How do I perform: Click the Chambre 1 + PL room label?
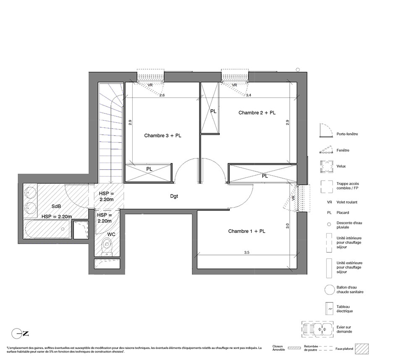point(247,231)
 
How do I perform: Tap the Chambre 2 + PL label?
point(257,113)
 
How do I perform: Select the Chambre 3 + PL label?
point(163,136)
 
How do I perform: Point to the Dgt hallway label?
point(174,196)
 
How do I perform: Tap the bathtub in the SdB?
point(47,229)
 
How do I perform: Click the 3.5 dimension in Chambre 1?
point(247,252)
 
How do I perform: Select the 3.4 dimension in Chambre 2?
point(249,95)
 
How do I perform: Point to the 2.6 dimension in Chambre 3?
point(162,95)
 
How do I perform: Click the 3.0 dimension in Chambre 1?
point(287,226)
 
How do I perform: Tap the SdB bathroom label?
point(56,206)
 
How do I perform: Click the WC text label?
point(111,234)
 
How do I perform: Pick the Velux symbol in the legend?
point(327,167)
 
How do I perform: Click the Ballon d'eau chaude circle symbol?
point(329,289)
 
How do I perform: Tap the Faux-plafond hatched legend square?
point(362,349)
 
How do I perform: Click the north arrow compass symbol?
point(20,334)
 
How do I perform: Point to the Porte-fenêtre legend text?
point(347,134)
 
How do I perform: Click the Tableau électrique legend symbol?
point(329,309)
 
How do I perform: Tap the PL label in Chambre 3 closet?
point(149,169)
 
